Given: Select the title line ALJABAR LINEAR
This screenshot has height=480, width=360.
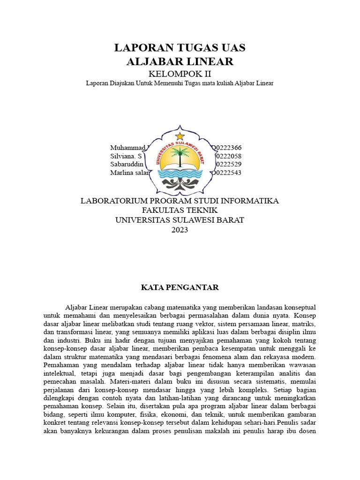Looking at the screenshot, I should tap(180, 61).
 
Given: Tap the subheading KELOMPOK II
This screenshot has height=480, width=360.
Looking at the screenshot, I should tap(180, 74).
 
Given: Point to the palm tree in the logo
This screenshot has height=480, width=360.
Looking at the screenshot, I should tap(180, 155).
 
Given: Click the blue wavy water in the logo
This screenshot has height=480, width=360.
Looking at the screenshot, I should tap(180, 177).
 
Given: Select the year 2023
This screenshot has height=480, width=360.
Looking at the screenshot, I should tap(180, 230).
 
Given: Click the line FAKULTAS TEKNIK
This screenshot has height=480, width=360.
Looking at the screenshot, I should tap(180, 210).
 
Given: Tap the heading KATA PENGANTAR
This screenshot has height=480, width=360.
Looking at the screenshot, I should tap(180, 287).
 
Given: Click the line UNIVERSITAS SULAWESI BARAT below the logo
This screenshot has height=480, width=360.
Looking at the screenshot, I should tap(180, 220).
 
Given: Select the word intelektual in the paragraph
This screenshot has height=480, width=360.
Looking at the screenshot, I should tap(58, 373).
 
